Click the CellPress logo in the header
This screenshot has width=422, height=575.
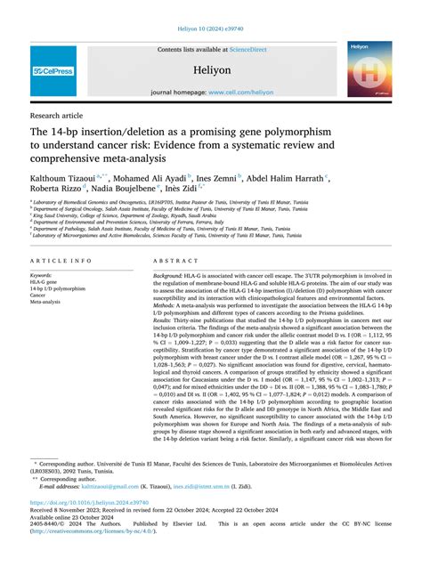(53, 70)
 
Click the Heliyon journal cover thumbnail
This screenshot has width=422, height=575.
(369, 70)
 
